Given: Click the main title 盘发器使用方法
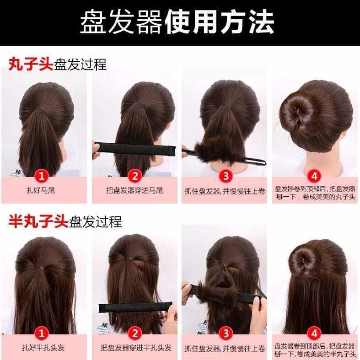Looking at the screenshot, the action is pos(177,22).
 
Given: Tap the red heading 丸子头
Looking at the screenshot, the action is pos(31,64).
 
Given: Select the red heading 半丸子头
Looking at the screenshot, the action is pos(38,221).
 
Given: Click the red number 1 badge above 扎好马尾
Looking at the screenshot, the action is pos(42,176).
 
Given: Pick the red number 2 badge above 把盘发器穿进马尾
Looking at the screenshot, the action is pos(135,176).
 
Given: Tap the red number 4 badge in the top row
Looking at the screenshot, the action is pos(314,176).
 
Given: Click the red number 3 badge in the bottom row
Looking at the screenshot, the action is pos(226,333).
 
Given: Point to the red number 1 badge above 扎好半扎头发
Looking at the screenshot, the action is pos(42,333).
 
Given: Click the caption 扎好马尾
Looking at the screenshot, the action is pos(41,190).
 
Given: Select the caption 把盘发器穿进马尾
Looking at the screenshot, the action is pos(134,190).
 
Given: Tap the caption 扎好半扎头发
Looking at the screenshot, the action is pos(43,348).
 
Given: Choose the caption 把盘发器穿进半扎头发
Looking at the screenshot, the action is pos(136,348).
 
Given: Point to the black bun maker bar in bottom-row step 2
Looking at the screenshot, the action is pos(135,307).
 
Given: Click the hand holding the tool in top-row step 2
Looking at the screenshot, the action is pos(96,150).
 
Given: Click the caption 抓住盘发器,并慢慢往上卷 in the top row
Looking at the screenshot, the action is pos(225,191).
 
